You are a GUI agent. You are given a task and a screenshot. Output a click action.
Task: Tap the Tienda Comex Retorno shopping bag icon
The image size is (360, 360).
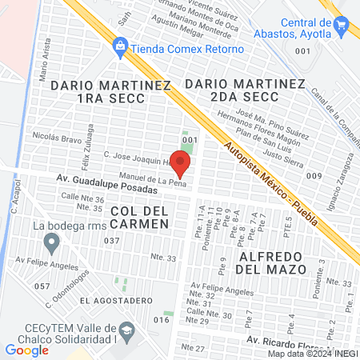121,47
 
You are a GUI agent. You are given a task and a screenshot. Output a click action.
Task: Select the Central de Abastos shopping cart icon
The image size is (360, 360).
342,26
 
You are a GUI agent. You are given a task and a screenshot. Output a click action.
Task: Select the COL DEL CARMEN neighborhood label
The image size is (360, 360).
140,216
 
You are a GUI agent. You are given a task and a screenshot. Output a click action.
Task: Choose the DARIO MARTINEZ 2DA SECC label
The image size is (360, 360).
245,90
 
